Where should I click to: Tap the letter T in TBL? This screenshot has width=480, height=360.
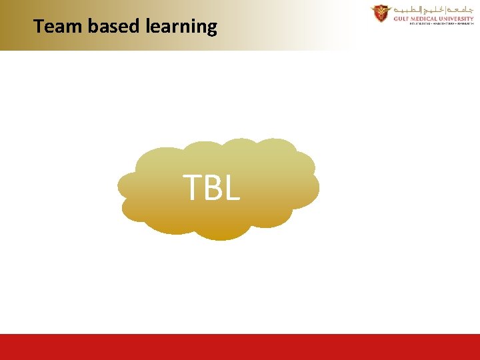click(x=193, y=187)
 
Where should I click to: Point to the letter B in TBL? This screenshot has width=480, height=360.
click(x=213, y=187)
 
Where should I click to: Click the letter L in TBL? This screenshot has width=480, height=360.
click(x=231, y=187)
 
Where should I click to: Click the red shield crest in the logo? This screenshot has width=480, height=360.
click(x=381, y=13)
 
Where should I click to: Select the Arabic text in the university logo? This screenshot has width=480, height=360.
click(x=433, y=9)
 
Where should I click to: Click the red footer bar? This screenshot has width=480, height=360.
click(x=240, y=347)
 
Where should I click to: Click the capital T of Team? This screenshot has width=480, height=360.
click(x=39, y=27)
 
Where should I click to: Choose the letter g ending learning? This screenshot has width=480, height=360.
click(x=211, y=29)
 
